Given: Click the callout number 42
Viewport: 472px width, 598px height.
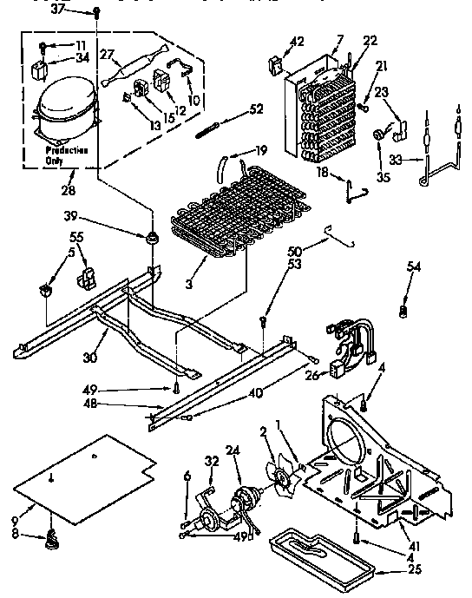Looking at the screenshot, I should point(297,41).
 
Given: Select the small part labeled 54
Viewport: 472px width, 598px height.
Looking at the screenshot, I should point(402,309).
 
